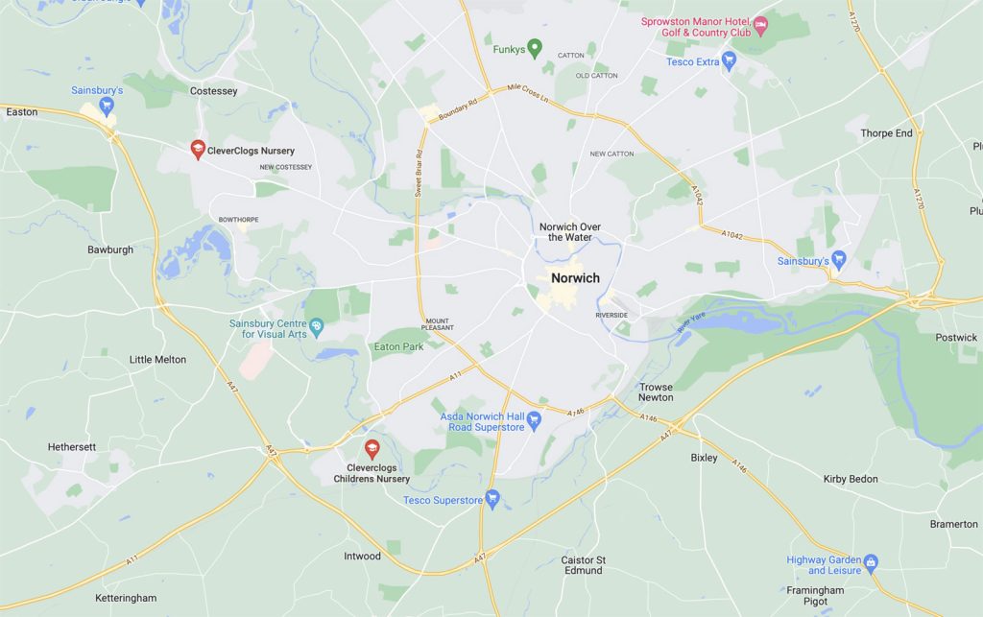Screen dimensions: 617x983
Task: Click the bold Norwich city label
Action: (575, 278)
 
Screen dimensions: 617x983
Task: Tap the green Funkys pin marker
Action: (536, 47)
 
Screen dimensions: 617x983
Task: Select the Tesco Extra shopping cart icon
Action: (730, 62)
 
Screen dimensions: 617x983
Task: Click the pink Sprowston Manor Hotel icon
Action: (761, 23)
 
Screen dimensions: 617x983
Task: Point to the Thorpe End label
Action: (886, 133)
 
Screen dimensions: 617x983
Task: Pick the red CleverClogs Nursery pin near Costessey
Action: (196, 149)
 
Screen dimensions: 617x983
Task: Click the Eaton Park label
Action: (398, 346)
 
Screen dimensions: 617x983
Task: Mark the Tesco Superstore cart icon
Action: (492, 498)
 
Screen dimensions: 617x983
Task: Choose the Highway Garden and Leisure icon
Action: (871, 562)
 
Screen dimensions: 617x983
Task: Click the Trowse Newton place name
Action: (656, 392)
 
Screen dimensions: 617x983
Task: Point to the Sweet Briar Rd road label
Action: (419, 177)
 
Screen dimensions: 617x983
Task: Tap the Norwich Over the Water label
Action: (570, 232)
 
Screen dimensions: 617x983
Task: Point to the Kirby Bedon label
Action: (851, 479)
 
